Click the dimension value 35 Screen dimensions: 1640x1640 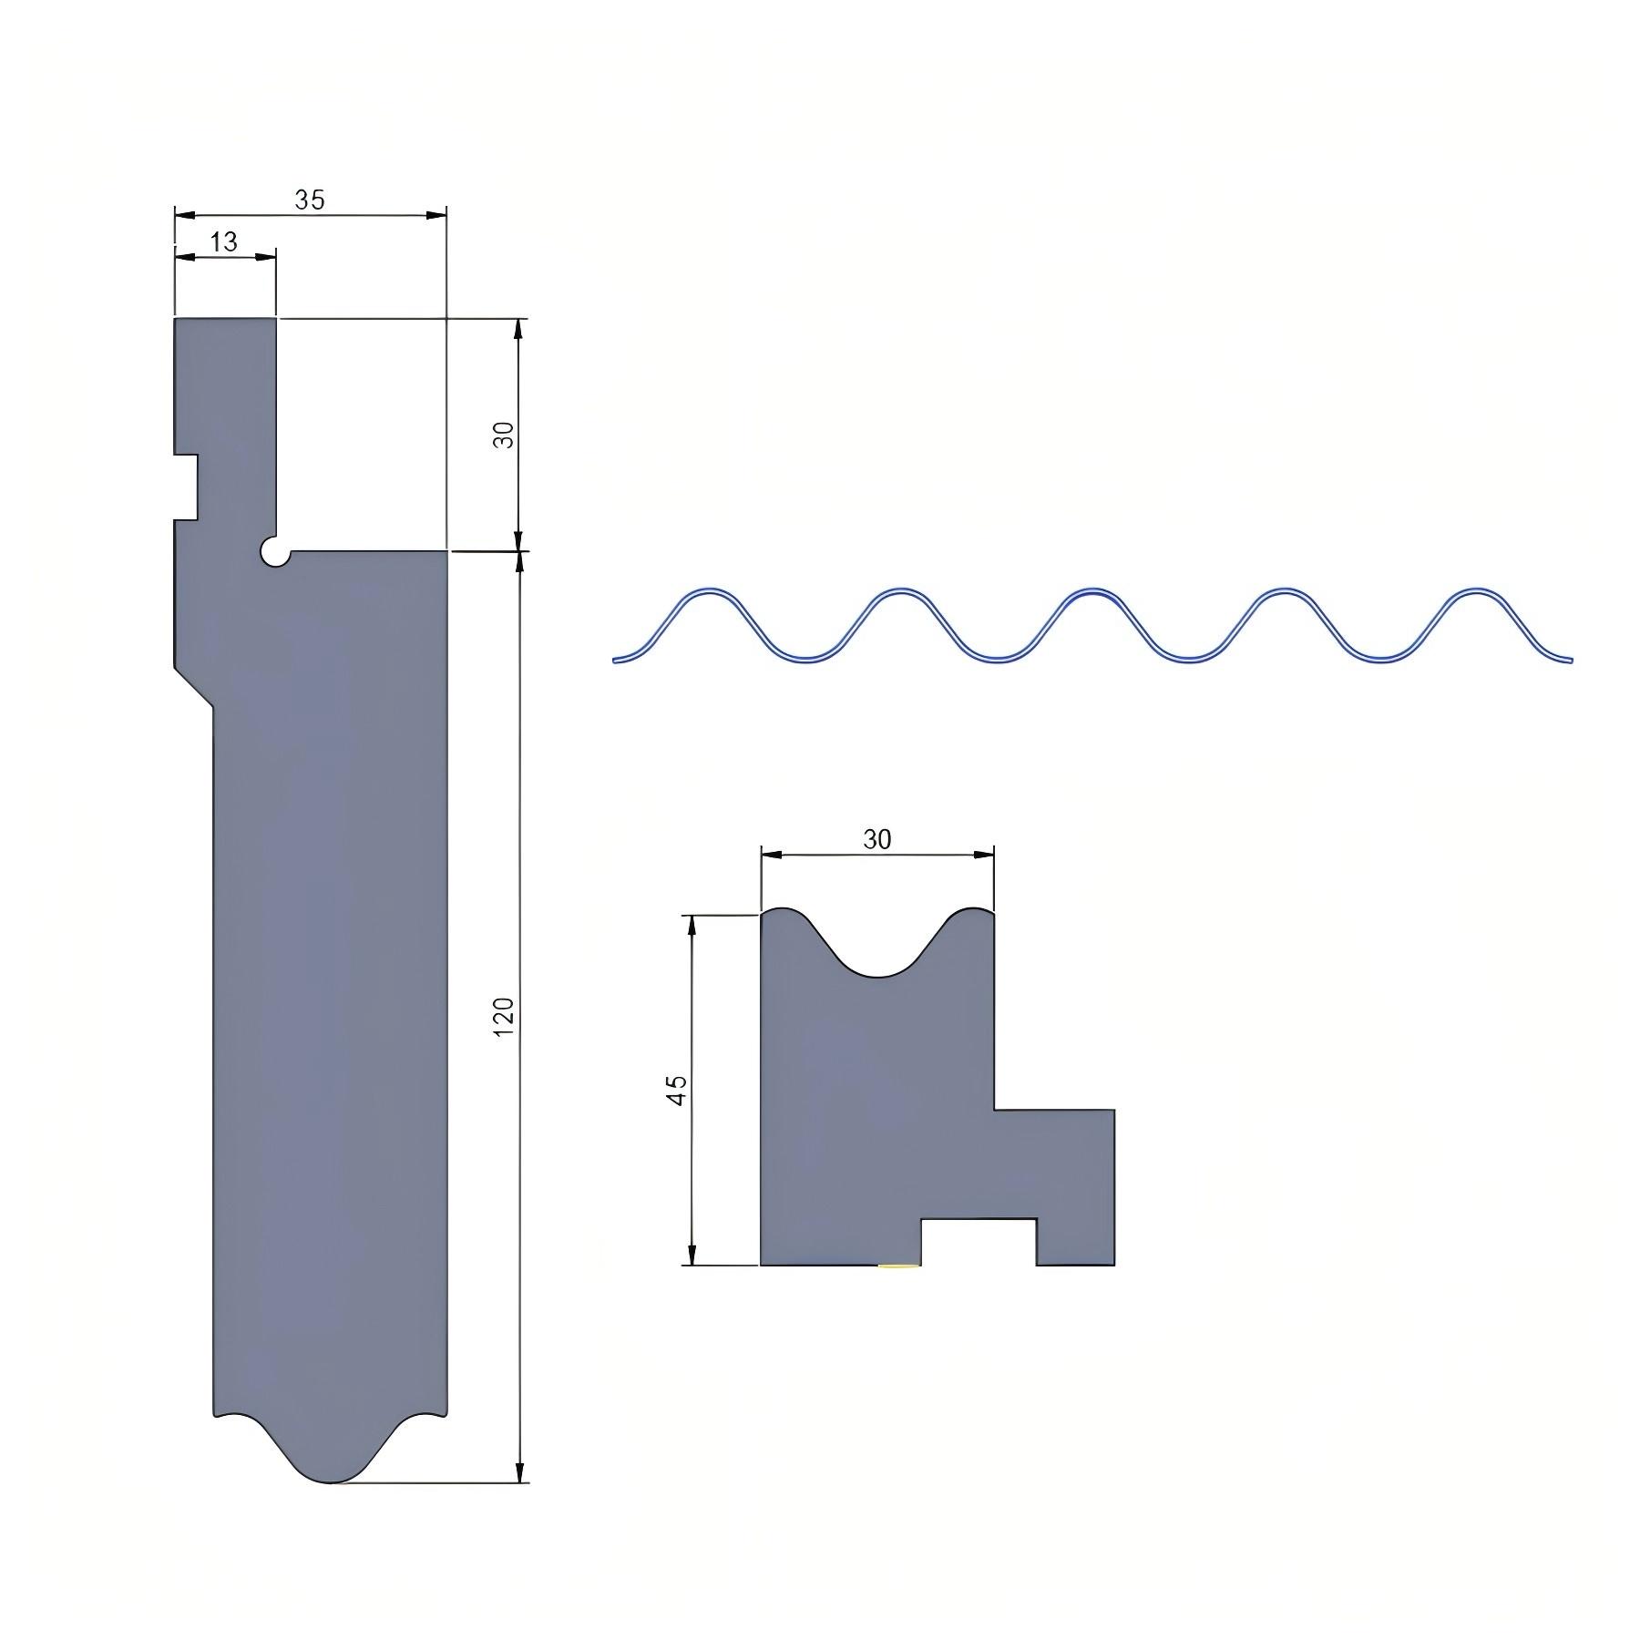pos(310,200)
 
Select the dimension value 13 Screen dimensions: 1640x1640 pos(223,241)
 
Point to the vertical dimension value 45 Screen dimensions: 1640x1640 pos(677,1090)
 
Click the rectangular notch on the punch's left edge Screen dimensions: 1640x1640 pos(186,487)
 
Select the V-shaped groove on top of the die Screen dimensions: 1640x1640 pos(876,948)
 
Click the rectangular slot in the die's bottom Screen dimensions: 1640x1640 pos(979,1242)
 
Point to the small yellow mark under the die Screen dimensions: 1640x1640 pos(899,1266)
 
